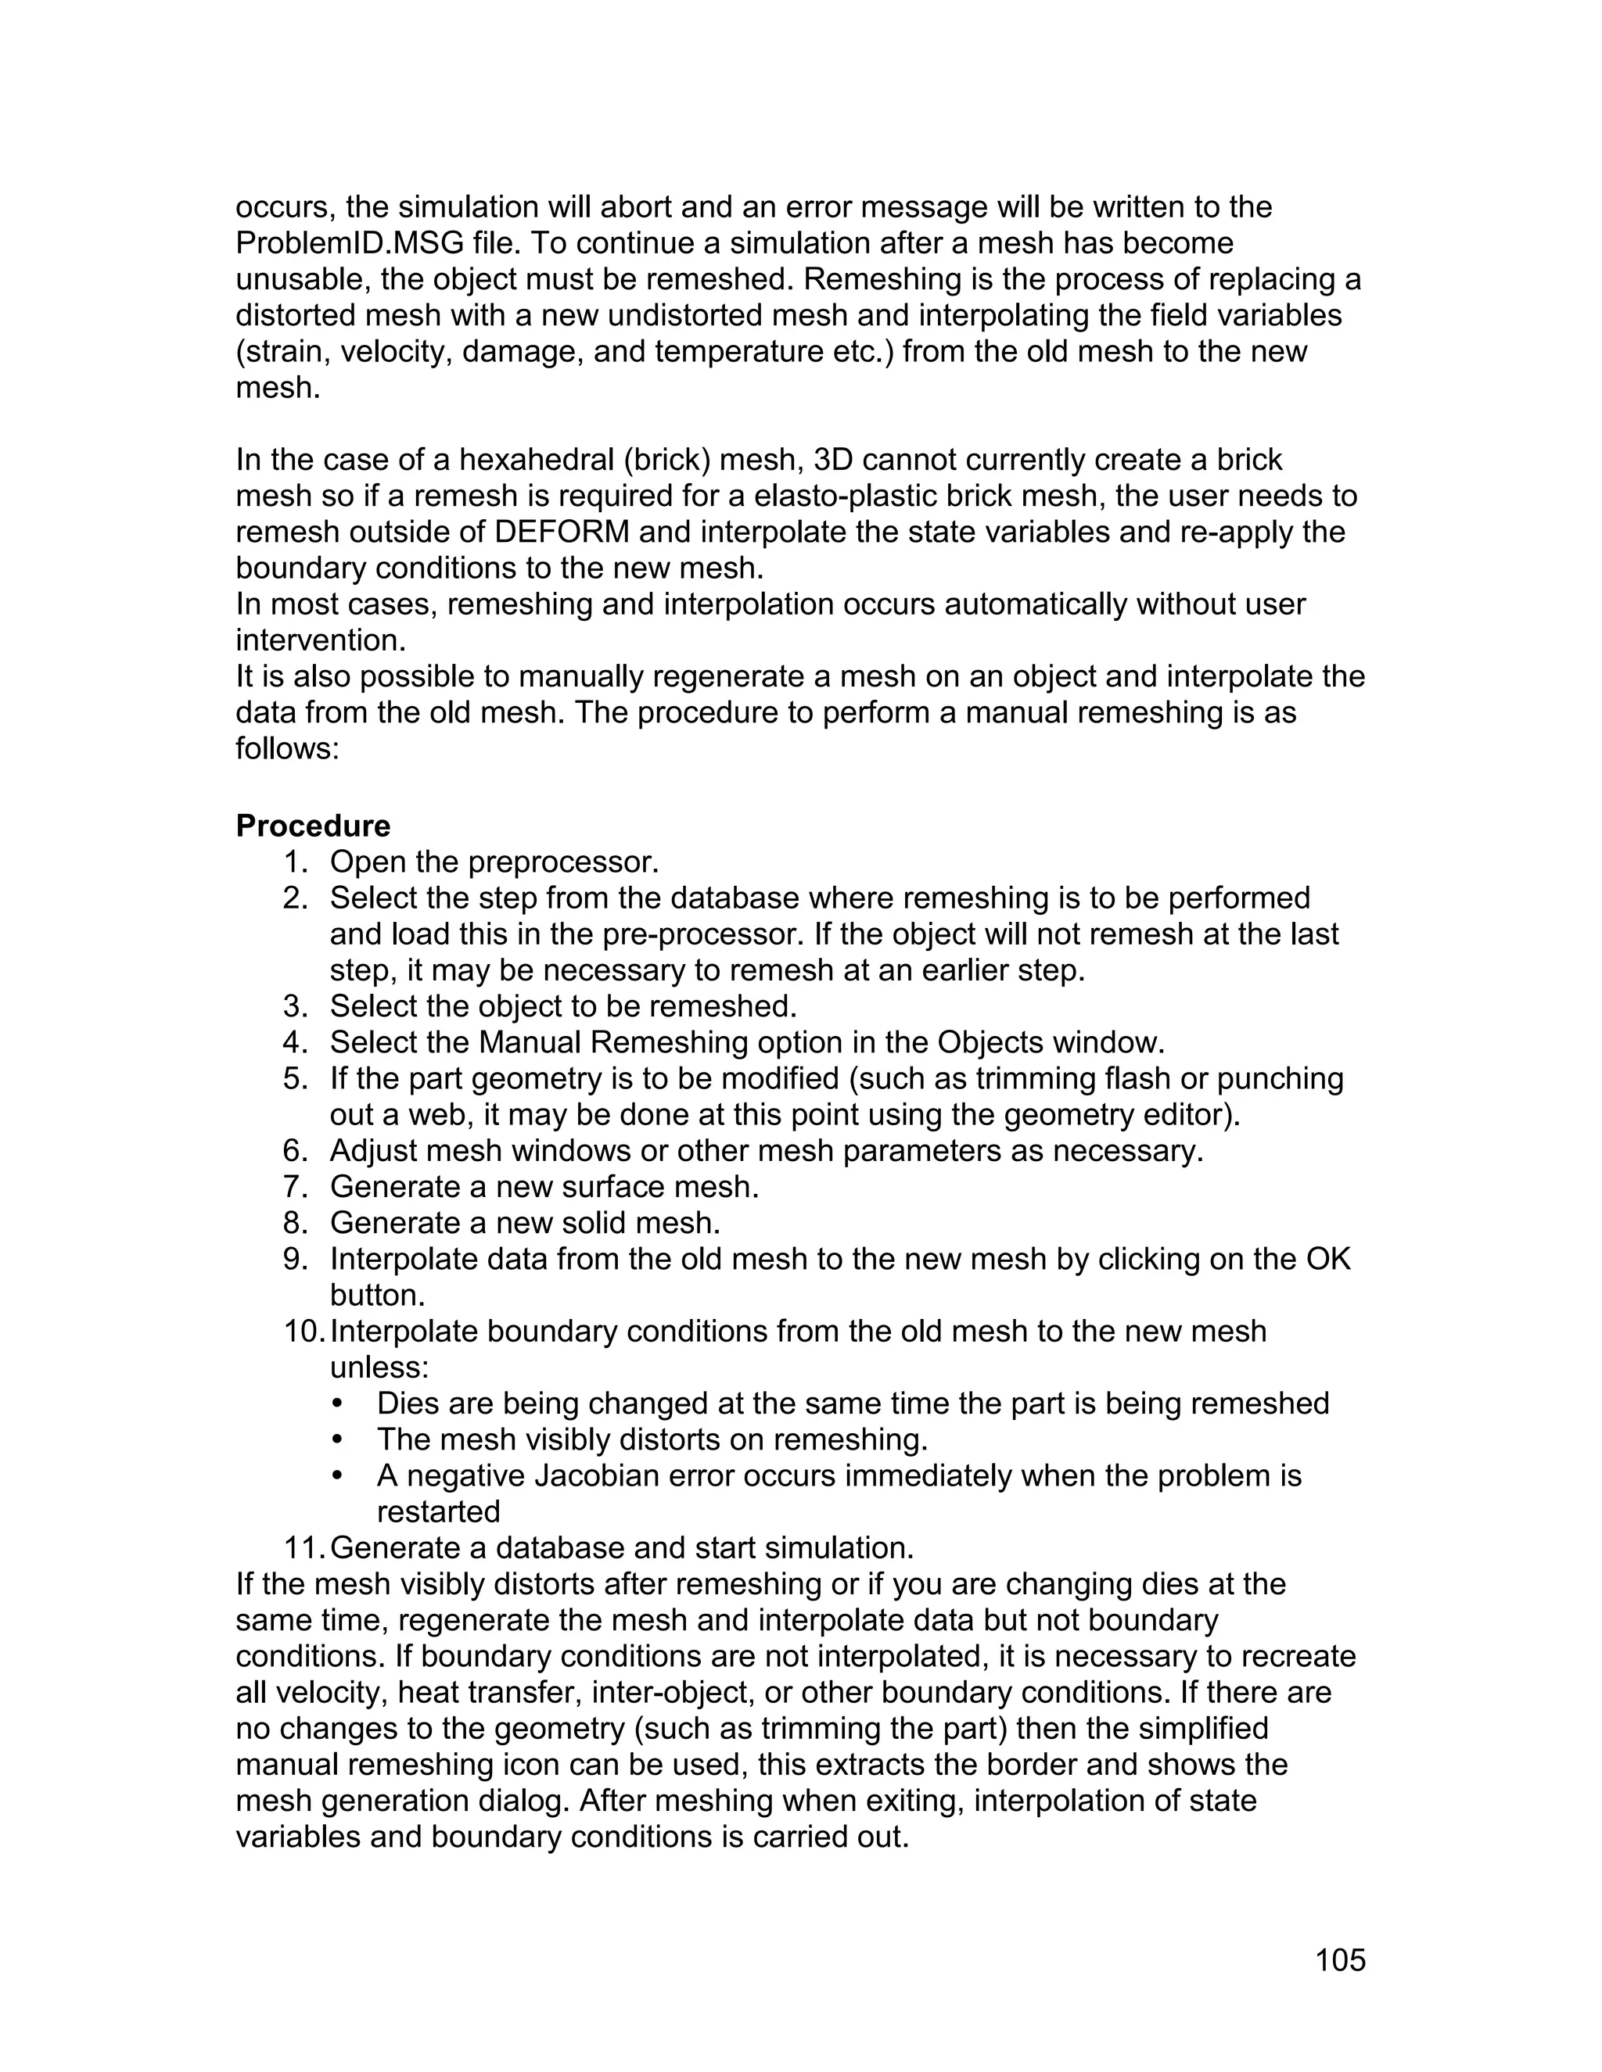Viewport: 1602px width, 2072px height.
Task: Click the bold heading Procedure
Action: click(312, 826)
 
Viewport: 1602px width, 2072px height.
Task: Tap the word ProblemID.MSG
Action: click(350, 243)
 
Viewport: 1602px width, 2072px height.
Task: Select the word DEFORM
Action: click(562, 531)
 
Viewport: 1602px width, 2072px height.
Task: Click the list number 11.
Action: click(304, 1547)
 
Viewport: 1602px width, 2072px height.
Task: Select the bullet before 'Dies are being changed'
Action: click(338, 1404)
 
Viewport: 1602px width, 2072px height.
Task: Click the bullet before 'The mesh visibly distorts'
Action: click(338, 1440)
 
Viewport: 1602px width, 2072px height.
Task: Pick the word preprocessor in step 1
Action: click(562, 862)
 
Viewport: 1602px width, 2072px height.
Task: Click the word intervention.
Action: click(320, 640)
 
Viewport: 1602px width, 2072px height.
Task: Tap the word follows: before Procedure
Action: click(286, 748)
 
